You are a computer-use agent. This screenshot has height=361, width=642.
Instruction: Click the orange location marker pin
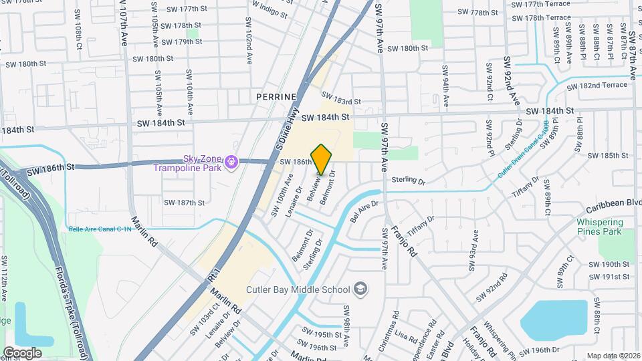[321, 159]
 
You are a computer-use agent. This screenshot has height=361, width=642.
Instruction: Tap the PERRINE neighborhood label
[276, 97]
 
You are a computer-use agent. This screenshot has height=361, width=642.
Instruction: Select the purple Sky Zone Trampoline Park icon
[231, 162]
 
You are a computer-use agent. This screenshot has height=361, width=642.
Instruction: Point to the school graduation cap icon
[360, 289]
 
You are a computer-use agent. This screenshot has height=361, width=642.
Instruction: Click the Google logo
[22, 352]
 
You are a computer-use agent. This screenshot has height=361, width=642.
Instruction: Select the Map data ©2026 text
[613, 356]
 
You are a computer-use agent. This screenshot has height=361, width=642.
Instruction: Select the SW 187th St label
[184, 203]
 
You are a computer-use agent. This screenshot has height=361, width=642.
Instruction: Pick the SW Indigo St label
[268, 11]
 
